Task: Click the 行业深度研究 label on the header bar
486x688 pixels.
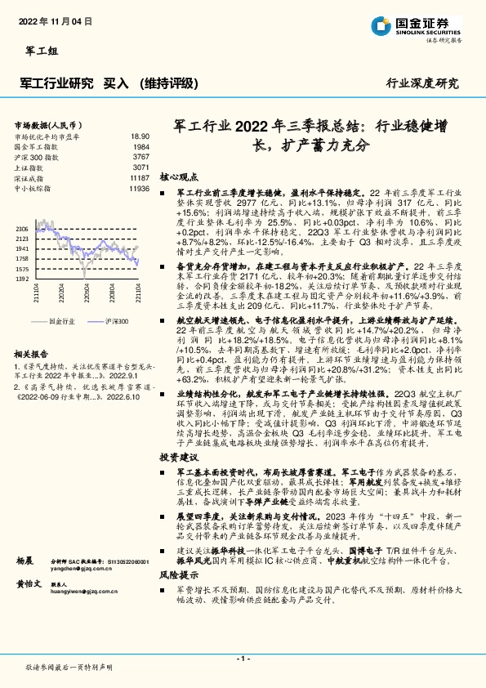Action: (x=421, y=83)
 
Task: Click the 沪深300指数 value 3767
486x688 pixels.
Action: (x=140, y=156)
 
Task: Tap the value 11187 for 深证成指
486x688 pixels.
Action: (x=139, y=176)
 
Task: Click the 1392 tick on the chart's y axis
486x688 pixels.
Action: (x=22, y=279)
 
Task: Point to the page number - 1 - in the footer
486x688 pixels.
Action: (x=243, y=658)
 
